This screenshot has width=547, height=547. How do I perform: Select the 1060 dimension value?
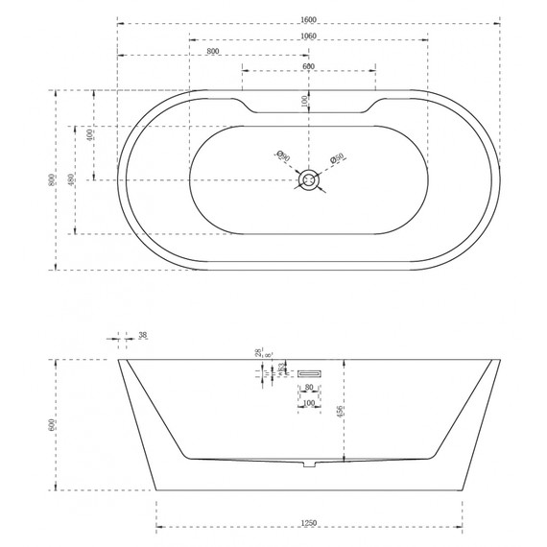coord(309,36)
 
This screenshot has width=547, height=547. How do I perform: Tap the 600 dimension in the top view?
coord(309,65)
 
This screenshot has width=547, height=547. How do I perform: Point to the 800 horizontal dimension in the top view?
coord(212,50)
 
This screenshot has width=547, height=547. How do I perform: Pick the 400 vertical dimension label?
coord(89,135)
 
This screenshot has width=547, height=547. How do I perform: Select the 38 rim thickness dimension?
coord(142,335)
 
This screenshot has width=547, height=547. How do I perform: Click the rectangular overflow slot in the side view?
coord(309,370)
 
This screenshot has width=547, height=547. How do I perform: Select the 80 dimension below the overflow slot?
coord(308,389)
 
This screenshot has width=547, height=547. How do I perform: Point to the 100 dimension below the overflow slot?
coord(308,403)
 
